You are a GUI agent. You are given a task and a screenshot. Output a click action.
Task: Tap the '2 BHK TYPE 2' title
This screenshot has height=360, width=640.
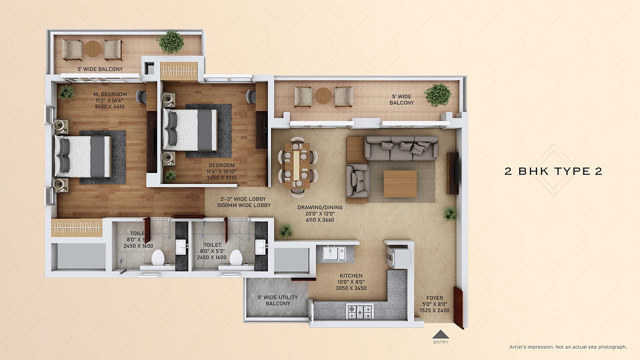click(x=553, y=171)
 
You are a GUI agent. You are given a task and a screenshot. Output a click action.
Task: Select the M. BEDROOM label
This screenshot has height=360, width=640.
click(x=110, y=94)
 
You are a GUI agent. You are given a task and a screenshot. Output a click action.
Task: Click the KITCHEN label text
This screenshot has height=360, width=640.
click(x=351, y=276)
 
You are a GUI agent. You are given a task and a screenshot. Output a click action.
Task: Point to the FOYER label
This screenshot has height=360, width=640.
click(x=434, y=298)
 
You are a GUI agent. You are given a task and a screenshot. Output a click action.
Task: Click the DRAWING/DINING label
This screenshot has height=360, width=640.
click(x=320, y=208)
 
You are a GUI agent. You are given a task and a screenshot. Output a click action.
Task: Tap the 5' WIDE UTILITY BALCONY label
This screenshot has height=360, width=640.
click(x=278, y=300)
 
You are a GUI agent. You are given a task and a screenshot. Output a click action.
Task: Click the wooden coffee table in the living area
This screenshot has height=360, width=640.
click(x=400, y=183)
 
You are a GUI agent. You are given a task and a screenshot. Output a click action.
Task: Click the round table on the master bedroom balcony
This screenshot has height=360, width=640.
click(x=93, y=49)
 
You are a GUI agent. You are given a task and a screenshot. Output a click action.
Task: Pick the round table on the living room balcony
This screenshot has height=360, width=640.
click(x=323, y=96)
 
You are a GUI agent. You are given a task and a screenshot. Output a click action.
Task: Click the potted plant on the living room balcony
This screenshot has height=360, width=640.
click(x=438, y=95)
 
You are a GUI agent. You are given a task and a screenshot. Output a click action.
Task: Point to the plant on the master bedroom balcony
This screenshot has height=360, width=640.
click(x=171, y=42)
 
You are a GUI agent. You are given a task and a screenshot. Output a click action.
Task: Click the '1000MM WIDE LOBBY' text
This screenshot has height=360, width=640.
click(x=244, y=205)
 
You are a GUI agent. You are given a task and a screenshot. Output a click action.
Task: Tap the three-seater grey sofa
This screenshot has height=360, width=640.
click(x=401, y=148)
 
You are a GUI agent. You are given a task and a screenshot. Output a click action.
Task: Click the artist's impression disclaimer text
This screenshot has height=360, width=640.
click(x=568, y=347)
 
